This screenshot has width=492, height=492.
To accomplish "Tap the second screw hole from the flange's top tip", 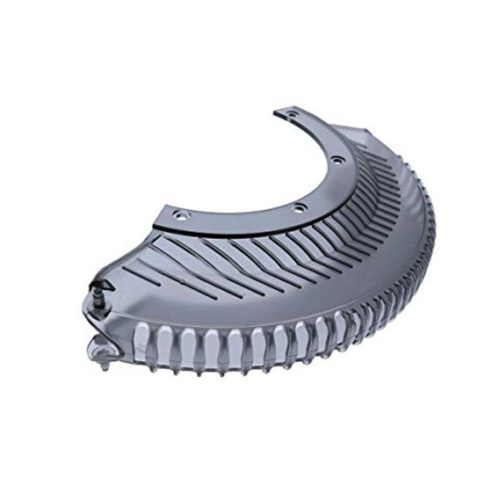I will point(336,161).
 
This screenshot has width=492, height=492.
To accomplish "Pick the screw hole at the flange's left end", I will point(181,215).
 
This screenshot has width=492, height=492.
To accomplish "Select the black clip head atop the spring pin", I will point(102,287).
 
